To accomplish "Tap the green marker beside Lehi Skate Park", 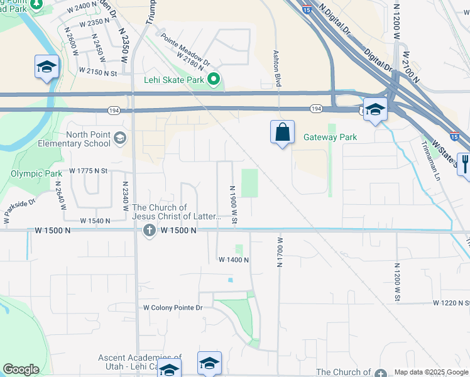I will coord(214,80).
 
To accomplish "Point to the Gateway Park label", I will coord(330,137).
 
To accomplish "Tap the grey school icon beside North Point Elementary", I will coord(120,138).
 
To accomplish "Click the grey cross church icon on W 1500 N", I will coord(149,231).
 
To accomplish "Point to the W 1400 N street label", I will coord(234,260).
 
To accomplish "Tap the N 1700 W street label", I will coord(279,251).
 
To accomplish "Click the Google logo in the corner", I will coord(21,369).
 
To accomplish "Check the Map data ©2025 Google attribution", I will coord(431,372).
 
